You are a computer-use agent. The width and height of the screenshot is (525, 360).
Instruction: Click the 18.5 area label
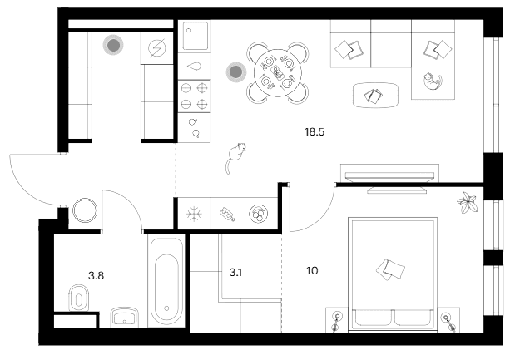pos(315,132)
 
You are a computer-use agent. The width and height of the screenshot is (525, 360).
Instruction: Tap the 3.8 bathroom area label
pos(96,276)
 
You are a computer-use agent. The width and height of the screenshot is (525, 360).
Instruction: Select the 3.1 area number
pos(235,273)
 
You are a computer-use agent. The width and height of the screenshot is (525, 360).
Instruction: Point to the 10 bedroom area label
pos(312,271)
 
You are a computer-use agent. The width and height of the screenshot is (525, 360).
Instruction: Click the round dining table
pos(278,72)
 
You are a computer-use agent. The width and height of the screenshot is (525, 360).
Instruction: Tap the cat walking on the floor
pos(235,157)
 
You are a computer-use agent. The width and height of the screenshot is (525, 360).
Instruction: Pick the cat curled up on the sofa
pos(433,81)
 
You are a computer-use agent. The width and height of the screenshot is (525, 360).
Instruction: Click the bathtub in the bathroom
pos(166,281)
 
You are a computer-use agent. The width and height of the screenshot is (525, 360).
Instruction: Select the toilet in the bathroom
pos(79,298)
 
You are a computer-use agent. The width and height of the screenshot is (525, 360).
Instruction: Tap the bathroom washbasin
pos(125,317)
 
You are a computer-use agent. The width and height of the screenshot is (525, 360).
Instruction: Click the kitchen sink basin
pos(194,36)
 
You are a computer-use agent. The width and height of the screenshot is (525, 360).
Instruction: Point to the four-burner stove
pos(194,96)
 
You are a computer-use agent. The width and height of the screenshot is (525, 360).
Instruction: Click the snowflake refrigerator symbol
pos(194,214)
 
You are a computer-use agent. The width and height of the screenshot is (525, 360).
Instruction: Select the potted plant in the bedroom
pos(467,202)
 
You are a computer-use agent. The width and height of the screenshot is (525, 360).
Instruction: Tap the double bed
pos(393,274)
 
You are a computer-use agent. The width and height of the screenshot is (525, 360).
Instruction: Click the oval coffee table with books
pos(376,96)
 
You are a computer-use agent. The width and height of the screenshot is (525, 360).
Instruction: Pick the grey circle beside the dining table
pos(235,72)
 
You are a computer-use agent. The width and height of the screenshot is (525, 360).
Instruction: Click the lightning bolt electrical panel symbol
pos(157,48)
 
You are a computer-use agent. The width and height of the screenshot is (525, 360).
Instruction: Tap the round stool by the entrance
pos(85,210)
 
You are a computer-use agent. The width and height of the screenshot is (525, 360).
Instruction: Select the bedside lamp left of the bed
pos(337,320)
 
